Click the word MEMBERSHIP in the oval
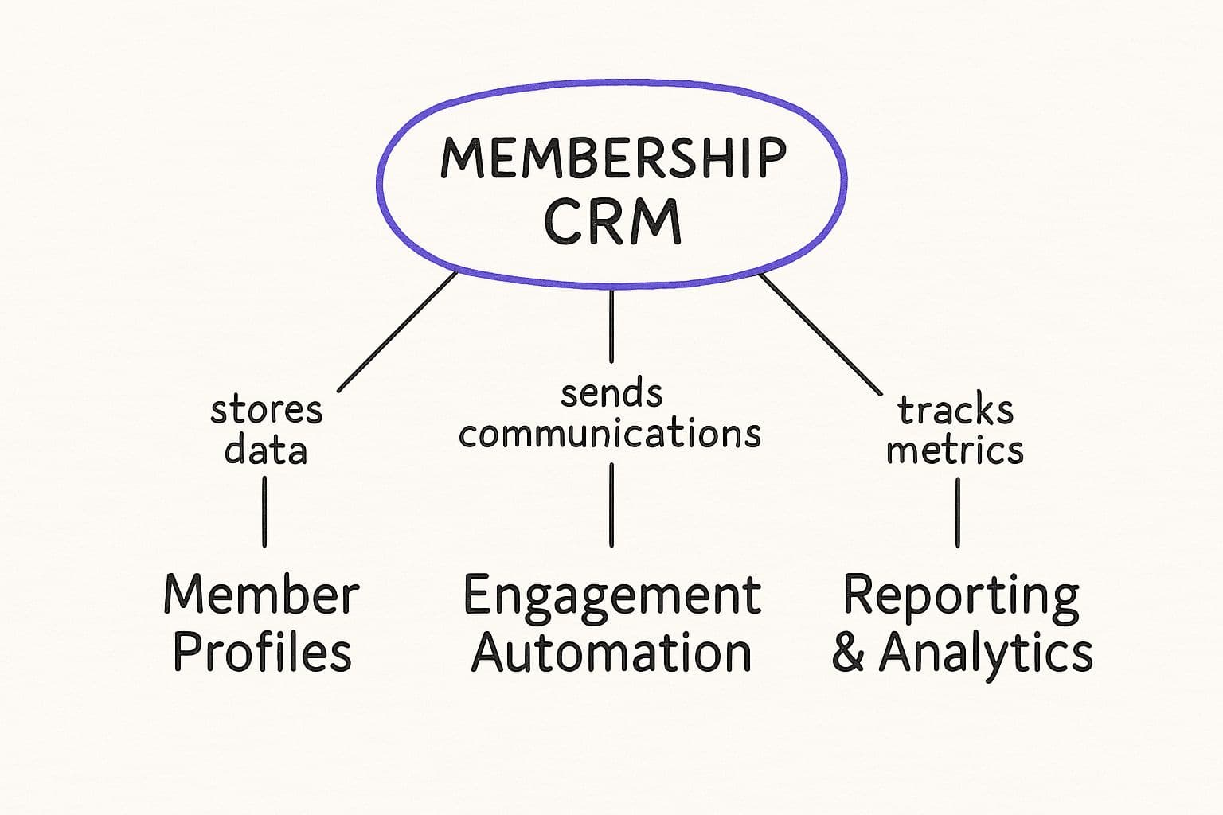point(613,158)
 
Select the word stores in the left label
point(266,411)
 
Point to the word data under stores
point(265,450)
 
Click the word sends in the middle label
point(611,393)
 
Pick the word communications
point(610,434)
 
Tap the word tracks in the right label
point(955,411)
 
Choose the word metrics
point(955,450)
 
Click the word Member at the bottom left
point(261,595)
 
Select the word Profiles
point(262,653)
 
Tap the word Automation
point(611,653)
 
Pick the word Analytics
point(986,653)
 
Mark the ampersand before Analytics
point(849,653)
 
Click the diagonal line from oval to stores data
point(397,332)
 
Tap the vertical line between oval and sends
point(611,326)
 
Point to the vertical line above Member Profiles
point(264,512)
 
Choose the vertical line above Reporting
point(957,513)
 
